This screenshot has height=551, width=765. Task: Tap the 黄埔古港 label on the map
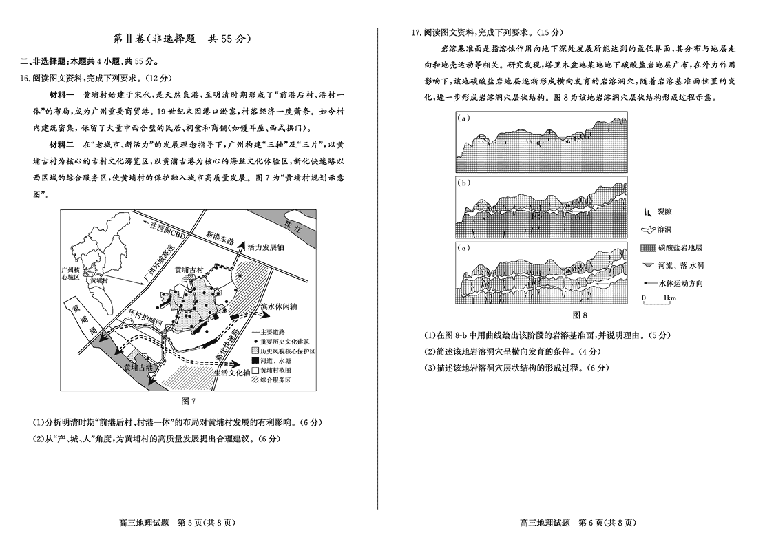(138, 368)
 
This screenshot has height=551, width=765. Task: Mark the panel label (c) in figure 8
(463, 247)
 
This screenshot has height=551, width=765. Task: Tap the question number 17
(415, 32)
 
